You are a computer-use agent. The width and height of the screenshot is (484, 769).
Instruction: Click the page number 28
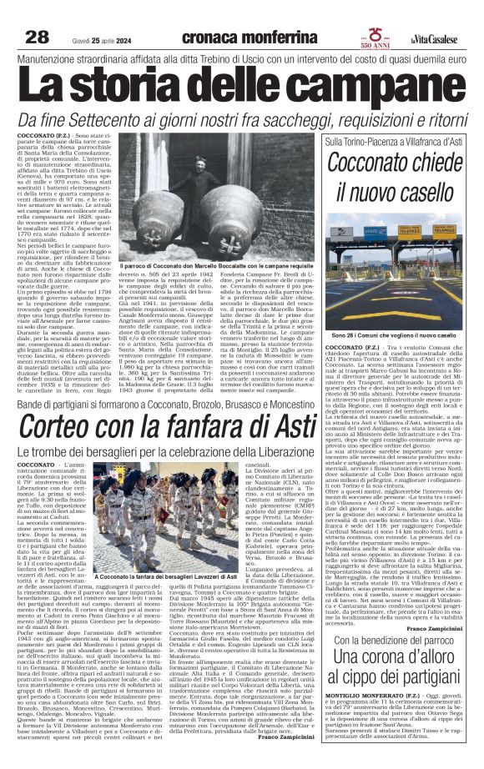38,37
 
